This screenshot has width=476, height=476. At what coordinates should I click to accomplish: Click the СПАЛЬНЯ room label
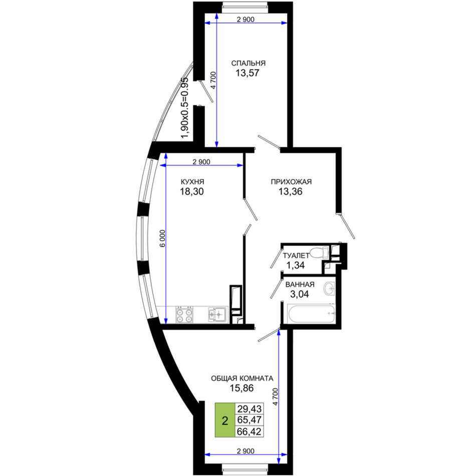tap(249, 63)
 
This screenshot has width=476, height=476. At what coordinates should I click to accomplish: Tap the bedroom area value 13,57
tap(248, 73)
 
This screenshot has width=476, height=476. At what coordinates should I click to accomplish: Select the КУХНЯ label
tap(192, 182)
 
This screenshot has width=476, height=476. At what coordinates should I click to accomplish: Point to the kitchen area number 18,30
tap(192, 191)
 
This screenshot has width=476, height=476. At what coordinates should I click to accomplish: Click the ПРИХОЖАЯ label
tap(291, 182)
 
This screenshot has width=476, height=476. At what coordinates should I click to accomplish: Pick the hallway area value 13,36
tap(291, 191)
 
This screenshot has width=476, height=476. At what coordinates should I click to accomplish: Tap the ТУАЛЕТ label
tap(296, 256)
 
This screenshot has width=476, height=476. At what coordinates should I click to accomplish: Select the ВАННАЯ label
tap(300, 285)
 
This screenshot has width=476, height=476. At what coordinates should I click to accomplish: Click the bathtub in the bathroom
tap(311, 314)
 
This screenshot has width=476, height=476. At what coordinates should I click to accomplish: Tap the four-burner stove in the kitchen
tap(184, 315)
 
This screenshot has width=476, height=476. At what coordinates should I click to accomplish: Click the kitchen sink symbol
tap(217, 314)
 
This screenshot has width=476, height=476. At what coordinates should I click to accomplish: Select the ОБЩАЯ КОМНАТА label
tap(242, 379)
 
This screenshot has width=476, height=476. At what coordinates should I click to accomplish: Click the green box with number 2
tap(225, 420)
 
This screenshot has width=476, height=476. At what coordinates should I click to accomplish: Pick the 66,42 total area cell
tap(249, 431)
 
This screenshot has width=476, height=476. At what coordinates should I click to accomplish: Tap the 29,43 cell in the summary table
tap(249, 409)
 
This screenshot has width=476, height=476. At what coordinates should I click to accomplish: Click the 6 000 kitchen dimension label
tap(163, 239)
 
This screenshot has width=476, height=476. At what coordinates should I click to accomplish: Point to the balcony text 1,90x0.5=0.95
tap(185, 108)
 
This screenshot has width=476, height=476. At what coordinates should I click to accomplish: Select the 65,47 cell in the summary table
tap(249, 420)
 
